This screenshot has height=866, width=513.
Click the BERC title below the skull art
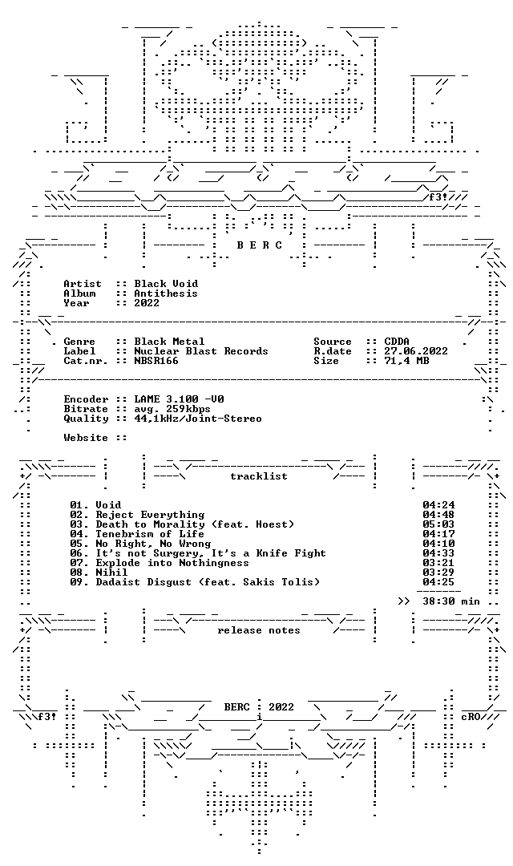click(x=260, y=245)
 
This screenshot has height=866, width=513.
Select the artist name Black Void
click(x=166, y=284)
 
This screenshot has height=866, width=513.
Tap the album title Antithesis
click(x=166, y=293)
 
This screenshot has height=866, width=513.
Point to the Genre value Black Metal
click(x=169, y=342)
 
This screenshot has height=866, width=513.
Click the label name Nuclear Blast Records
click(x=201, y=351)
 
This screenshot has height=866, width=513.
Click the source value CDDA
click(x=397, y=342)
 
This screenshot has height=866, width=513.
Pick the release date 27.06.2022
click(x=416, y=351)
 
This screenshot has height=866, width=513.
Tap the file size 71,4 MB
click(x=407, y=361)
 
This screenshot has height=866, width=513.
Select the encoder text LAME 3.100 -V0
click(x=179, y=399)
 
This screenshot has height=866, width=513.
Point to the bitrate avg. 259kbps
click(x=172, y=409)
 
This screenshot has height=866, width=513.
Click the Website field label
click(x=86, y=438)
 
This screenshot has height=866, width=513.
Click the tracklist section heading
click(x=259, y=476)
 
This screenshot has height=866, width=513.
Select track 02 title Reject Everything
click(x=150, y=515)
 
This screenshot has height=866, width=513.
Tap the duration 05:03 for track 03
click(x=439, y=524)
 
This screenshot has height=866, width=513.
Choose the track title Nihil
click(x=111, y=573)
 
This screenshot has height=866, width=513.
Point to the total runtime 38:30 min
click(x=452, y=601)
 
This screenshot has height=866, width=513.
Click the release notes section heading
click(x=259, y=630)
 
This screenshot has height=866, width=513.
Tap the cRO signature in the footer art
click(x=471, y=717)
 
